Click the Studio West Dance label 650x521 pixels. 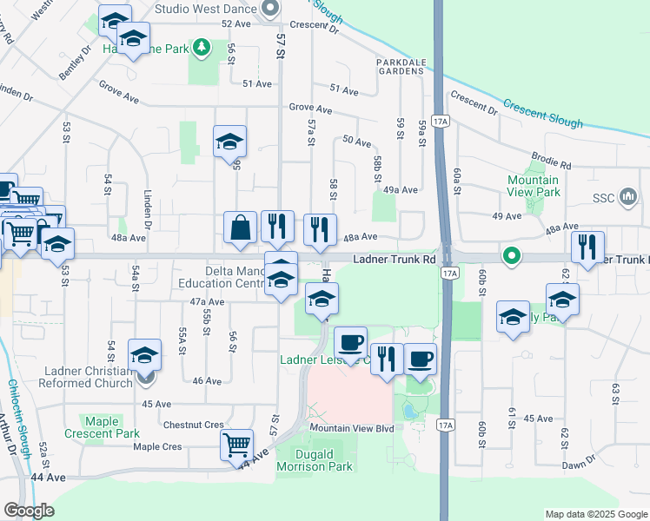click(x=205, y=9)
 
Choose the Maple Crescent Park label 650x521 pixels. click(x=103, y=427)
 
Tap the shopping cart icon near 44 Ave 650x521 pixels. click(x=236, y=445)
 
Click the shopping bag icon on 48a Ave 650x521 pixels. click(x=241, y=228)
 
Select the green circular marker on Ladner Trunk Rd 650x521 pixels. click(x=513, y=256)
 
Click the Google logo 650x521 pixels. click(x=29, y=511)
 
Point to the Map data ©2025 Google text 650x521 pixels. click(x=595, y=514)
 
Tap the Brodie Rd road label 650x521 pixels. click(x=553, y=164)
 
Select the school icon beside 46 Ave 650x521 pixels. click(x=145, y=355)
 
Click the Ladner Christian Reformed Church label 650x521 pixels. click(x=87, y=377)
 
